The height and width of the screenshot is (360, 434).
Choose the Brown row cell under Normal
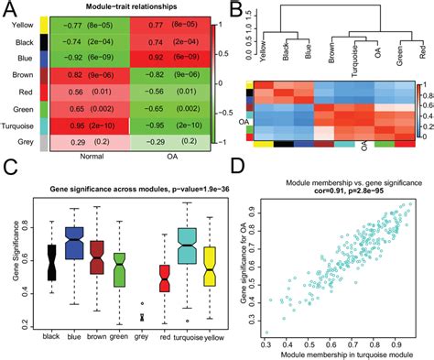[x=87, y=75]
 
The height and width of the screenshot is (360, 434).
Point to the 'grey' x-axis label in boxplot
[x=140, y=336]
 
